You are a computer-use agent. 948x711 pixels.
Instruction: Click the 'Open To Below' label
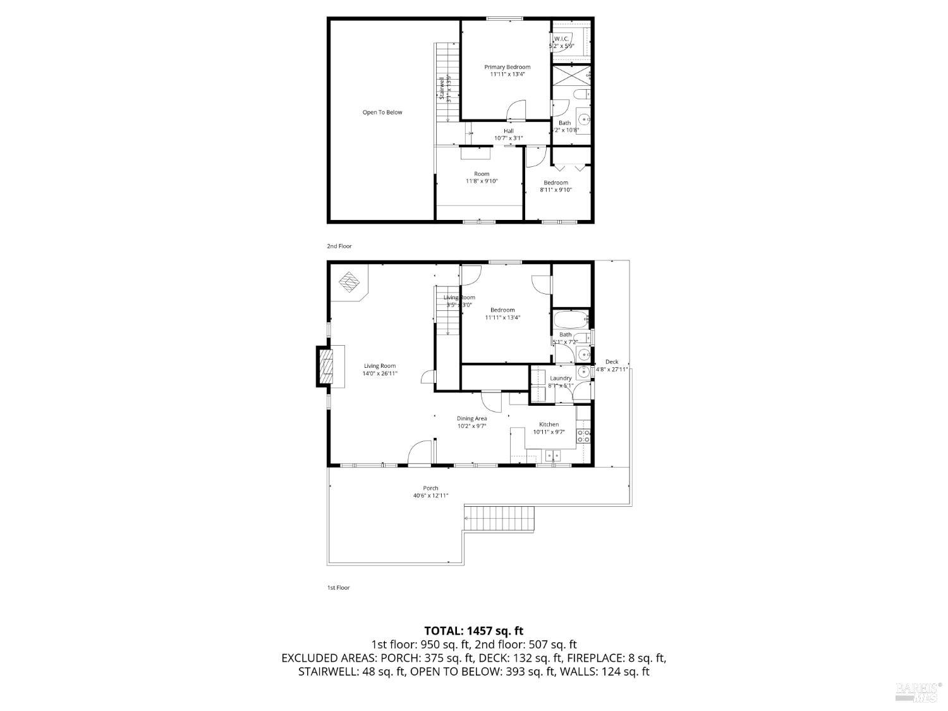[382, 112]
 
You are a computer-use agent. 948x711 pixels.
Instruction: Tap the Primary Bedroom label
[507, 67]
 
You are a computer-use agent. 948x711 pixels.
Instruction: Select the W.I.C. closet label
[561, 39]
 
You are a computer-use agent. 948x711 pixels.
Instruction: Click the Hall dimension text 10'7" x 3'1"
[508, 138]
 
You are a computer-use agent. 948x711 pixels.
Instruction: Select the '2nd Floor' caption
[339, 246]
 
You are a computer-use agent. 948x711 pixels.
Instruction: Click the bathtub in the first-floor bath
[570, 320]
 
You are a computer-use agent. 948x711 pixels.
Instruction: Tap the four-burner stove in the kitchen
[583, 435]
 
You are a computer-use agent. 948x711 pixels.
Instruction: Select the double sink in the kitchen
[552, 454]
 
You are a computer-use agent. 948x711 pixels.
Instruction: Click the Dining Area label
[472, 418]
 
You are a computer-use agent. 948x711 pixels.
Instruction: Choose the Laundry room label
[561, 379]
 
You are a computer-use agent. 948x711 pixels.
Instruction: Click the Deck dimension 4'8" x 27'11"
[612, 370]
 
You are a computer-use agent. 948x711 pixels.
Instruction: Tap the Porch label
[430, 488]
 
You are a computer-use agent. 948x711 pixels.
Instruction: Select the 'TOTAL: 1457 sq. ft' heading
[473, 631]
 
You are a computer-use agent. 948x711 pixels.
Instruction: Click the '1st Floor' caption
[338, 588]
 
